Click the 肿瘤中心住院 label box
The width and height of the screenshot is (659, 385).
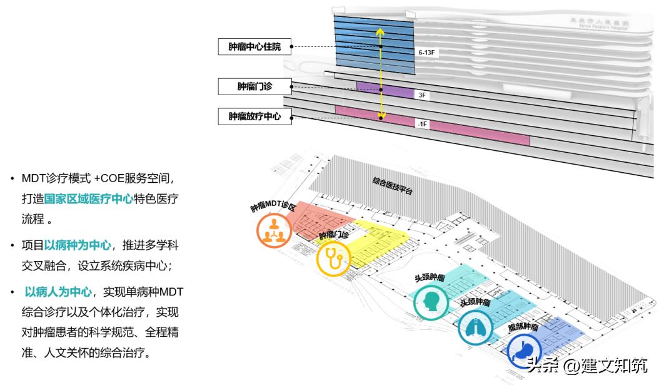click(x=254, y=47)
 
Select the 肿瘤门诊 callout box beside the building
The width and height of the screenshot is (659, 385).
click(x=254, y=86)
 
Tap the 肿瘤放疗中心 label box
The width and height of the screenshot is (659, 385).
click(x=254, y=116)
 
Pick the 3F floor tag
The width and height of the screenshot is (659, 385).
click(x=423, y=95)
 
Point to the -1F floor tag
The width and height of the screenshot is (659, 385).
click(x=423, y=125)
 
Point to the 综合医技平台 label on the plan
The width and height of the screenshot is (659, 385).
click(x=393, y=186)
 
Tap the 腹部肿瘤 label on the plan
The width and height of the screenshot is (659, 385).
click(x=523, y=327)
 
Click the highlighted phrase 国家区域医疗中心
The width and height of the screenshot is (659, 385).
click(x=89, y=199)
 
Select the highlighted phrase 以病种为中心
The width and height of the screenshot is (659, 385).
click(x=78, y=245)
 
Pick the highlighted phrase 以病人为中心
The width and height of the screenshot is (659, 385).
click(x=58, y=292)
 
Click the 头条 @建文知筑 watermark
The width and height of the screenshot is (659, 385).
click(x=587, y=366)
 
